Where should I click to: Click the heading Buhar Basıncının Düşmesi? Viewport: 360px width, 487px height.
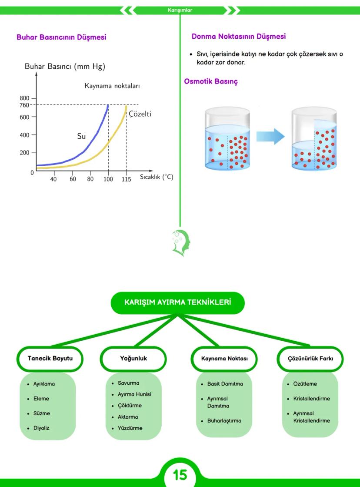pyautogui.click(x=61, y=37)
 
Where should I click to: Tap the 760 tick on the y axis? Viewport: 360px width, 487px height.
pyautogui.click(x=30, y=105)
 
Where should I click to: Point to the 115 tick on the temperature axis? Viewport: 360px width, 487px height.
pyautogui.click(x=126, y=179)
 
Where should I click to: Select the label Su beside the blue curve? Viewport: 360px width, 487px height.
pyautogui.click(x=81, y=136)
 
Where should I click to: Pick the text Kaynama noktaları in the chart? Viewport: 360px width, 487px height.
pyautogui.click(x=112, y=86)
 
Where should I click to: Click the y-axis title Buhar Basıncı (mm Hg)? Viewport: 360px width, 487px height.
pyautogui.click(x=65, y=67)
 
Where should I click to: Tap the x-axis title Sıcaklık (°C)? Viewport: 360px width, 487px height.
pyautogui.click(x=157, y=177)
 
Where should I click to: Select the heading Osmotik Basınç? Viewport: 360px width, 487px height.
pyautogui.click(x=211, y=81)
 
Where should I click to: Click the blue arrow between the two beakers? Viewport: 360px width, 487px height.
pyautogui.click(x=270, y=137)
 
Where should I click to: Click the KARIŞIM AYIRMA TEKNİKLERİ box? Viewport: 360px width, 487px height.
pyautogui.click(x=177, y=303)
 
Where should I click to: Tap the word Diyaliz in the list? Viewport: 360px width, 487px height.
pyautogui.click(x=41, y=428)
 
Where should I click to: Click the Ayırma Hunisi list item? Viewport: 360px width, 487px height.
pyautogui.click(x=134, y=394)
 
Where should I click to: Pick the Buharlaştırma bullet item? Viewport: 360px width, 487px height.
pyautogui.click(x=224, y=421)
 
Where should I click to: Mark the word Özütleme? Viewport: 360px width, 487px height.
pyautogui.click(x=305, y=384)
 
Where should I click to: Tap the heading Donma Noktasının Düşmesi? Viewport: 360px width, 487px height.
pyautogui.click(x=239, y=37)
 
